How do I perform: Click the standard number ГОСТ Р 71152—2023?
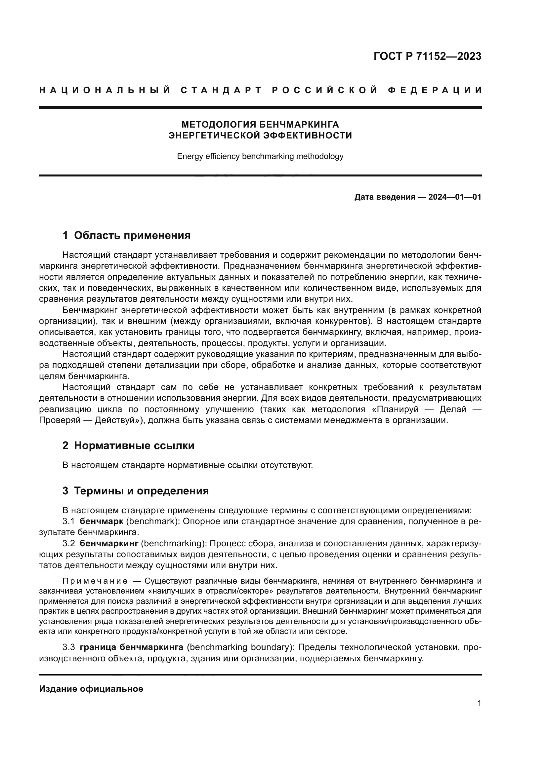[x=427, y=56]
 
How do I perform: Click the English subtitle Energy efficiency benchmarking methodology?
[x=260, y=156]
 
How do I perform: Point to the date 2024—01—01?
[x=454, y=197]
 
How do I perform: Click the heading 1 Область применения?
[x=126, y=235]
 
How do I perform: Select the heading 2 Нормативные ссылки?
[x=128, y=446]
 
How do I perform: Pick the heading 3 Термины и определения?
[x=135, y=491]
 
